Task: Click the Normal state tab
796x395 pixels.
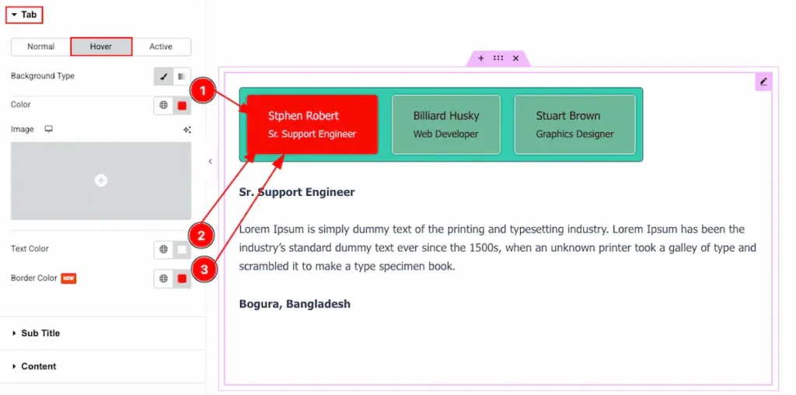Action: (x=40, y=47)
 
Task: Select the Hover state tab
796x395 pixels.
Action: (x=101, y=47)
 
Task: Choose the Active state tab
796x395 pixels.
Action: (x=161, y=47)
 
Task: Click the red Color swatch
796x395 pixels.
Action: (x=182, y=106)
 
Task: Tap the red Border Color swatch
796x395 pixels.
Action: (x=182, y=278)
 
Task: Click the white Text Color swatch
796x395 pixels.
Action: (x=182, y=250)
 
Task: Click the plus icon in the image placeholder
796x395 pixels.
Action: (x=101, y=180)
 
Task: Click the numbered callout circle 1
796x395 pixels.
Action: (x=203, y=92)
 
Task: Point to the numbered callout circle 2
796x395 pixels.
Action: (x=201, y=236)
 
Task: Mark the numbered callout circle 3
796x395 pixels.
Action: (x=204, y=268)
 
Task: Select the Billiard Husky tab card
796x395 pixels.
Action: (x=445, y=124)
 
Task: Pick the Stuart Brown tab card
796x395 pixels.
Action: (x=574, y=124)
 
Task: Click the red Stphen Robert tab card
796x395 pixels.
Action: (x=312, y=124)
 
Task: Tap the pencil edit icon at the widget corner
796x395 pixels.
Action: (x=763, y=81)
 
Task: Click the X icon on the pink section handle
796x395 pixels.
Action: (x=516, y=58)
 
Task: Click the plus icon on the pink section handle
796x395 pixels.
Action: (x=480, y=58)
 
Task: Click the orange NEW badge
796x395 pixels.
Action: (x=68, y=278)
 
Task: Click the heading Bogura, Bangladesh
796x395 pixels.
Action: (x=295, y=304)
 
